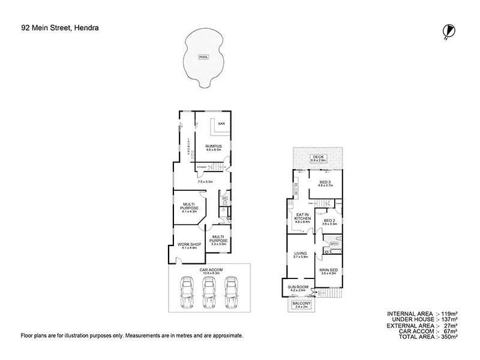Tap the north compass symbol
(x=447, y=31)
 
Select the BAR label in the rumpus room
(x=221, y=124)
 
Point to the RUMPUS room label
(x=214, y=146)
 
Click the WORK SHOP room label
(x=187, y=244)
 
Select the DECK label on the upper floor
(x=318, y=157)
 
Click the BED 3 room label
(x=325, y=182)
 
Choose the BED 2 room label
(x=329, y=221)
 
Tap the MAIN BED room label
(x=328, y=271)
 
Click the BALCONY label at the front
(x=301, y=304)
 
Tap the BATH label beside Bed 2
(x=334, y=244)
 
